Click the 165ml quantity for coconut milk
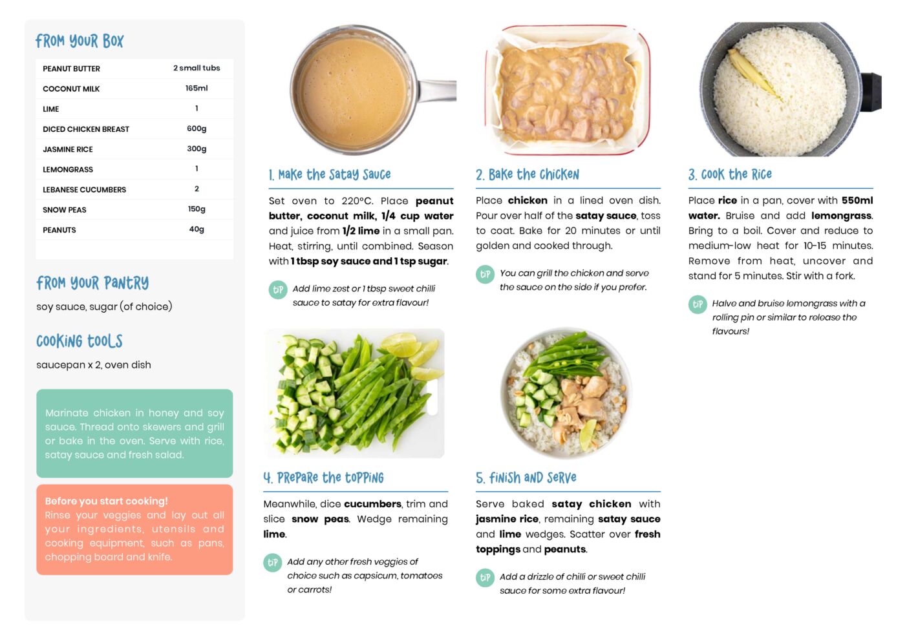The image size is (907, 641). click(x=197, y=89)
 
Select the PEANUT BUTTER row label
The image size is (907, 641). click(x=71, y=68)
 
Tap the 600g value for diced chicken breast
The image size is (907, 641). click(x=197, y=129)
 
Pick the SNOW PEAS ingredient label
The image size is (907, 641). click(x=65, y=210)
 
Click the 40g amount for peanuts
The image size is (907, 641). click(x=197, y=229)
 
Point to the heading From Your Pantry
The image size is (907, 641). click(x=92, y=283)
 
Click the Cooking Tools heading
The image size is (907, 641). click(x=80, y=341)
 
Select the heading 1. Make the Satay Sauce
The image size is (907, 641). click(x=330, y=174)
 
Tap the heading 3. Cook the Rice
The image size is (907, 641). click(x=730, y=174)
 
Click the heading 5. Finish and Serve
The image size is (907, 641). click(x=526, y=478)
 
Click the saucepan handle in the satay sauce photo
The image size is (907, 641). click(x=437, y=91)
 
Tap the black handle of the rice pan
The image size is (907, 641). click(x=871, y=92)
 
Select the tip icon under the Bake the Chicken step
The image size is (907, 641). click(x=485, y=275)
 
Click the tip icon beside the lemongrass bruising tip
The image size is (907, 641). click(x=698, y=305)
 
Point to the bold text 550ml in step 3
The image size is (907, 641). click(x=857, y=200)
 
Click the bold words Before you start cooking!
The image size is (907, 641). click(x=106, y=501)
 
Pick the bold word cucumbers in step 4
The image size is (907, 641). click(x=372, y=504)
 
